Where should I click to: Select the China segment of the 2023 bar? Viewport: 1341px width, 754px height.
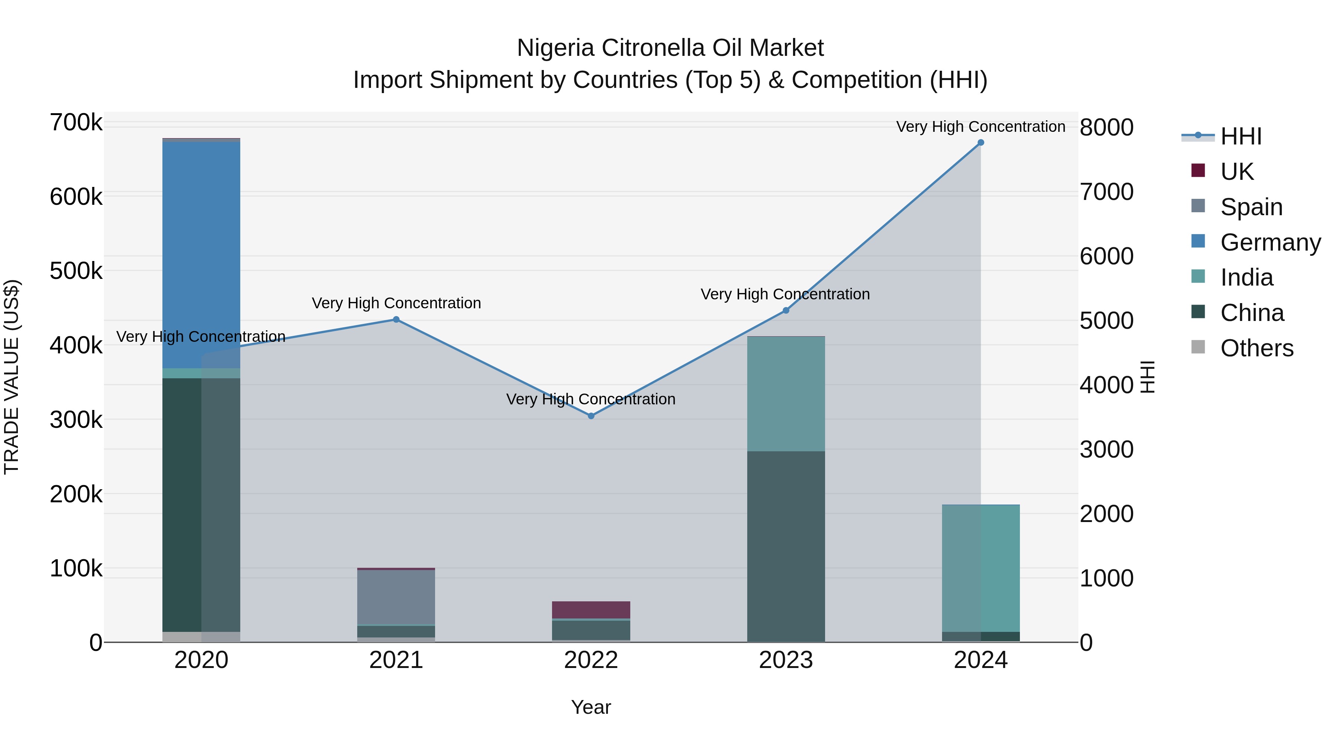pyautogui.click(x=786, y=546)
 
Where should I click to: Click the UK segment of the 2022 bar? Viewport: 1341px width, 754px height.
pyautogui.click(x=591, y=610)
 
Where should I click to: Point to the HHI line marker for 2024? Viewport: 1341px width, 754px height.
pyautogui.click(x=981, y=143)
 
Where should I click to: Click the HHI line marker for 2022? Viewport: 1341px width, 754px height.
pyautogui.click(x=591, y=416)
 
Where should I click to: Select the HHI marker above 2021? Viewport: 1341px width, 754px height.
pyautogui.click(x=396, y=319)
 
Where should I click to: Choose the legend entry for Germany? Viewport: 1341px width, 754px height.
pyautogui.click(x=1270, y=242)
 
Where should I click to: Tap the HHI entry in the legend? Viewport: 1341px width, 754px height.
pyautogui.click(x=1240, y=136)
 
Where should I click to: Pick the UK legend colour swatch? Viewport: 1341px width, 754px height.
pyautogui.click(x=1198, y=171)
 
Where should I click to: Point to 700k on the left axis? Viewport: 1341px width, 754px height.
pyautogui.click(x=76, y=123)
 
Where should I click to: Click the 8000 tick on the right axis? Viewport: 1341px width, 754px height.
pyautogui.click(x=1106, y=127)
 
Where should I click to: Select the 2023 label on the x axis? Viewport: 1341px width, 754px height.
pyautogui.click(x=786, y=660)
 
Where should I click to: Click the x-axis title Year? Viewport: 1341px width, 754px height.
pyautogui.click(x=591, y=707)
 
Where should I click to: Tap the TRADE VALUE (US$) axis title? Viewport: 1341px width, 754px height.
pyautogui.click(x=12, y=377)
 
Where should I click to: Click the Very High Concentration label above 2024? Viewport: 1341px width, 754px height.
pyautogui.click(x=980, y=127)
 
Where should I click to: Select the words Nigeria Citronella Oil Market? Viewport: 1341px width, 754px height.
pyautogui.click(x=670, y=48)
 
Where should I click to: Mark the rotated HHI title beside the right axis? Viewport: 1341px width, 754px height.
pyautogui.click(x=1147, y=377)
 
